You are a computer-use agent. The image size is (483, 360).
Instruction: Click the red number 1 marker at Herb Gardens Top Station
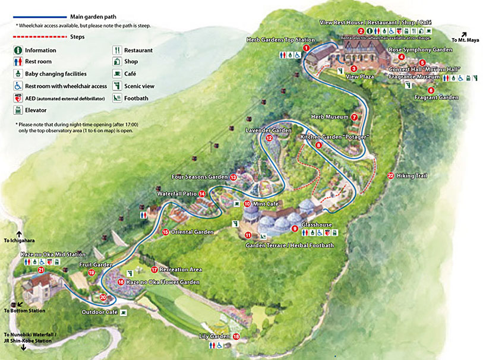pyautogui.click(x=306, y=48)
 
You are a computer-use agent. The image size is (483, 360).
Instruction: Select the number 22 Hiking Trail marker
pyautogui.click(x=390, y=175)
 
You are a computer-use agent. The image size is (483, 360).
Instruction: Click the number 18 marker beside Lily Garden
pyautogui.click(x=236, y=336)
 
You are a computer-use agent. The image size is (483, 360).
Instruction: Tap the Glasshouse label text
pyautogui.click(x=316, y=225)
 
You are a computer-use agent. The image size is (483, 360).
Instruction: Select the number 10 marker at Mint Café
pyautogui.click(x=247, y=203)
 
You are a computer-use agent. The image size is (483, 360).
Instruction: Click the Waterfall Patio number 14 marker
pyautogui.click(x=202, y=194)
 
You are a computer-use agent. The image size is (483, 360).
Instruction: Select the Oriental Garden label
pyautogui.click(x=192, y=232)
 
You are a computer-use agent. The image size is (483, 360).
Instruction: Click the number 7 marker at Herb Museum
pyautogui.click(x=354, y=117)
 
